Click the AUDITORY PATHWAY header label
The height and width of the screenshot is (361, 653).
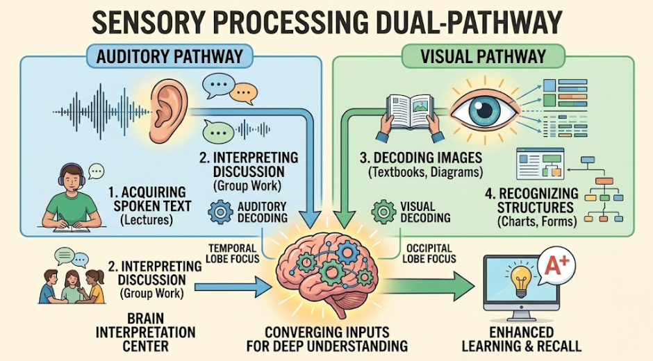(170, 56)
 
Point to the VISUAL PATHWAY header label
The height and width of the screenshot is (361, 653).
(483, 56)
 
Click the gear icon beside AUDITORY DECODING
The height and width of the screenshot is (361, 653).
(220, 212)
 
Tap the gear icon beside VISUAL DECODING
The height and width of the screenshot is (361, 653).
(383, 212)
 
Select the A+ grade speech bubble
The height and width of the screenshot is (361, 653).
(556, 267)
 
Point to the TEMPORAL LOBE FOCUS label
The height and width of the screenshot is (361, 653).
(233, 253)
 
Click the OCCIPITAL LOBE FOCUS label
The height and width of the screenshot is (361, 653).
(429, 253)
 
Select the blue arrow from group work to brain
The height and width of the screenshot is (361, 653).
(233, 287)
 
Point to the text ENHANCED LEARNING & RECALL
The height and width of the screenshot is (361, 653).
(522, 339)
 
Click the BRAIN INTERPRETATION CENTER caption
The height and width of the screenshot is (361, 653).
(145, 333)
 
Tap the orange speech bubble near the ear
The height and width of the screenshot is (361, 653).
(243, 93)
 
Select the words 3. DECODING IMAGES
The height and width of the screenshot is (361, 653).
(421, 158)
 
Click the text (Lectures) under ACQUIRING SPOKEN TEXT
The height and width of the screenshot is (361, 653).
(147, 219)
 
